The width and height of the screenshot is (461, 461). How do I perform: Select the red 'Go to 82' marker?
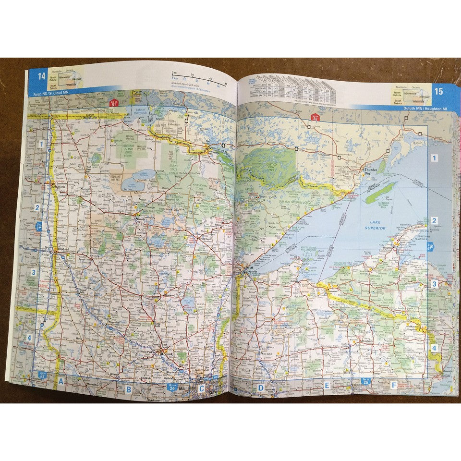pos(315,117)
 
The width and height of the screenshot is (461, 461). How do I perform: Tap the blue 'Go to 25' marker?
pos(366,382)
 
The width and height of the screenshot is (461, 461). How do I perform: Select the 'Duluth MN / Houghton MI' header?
pos(425,109)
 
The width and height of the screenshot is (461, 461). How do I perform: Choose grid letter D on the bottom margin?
pos(261,388)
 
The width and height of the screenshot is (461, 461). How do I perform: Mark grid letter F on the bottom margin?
pos(393,385)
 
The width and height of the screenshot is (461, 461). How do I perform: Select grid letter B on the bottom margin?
pos(128,389)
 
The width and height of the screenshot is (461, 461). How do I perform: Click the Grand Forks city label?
pos(61,183)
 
